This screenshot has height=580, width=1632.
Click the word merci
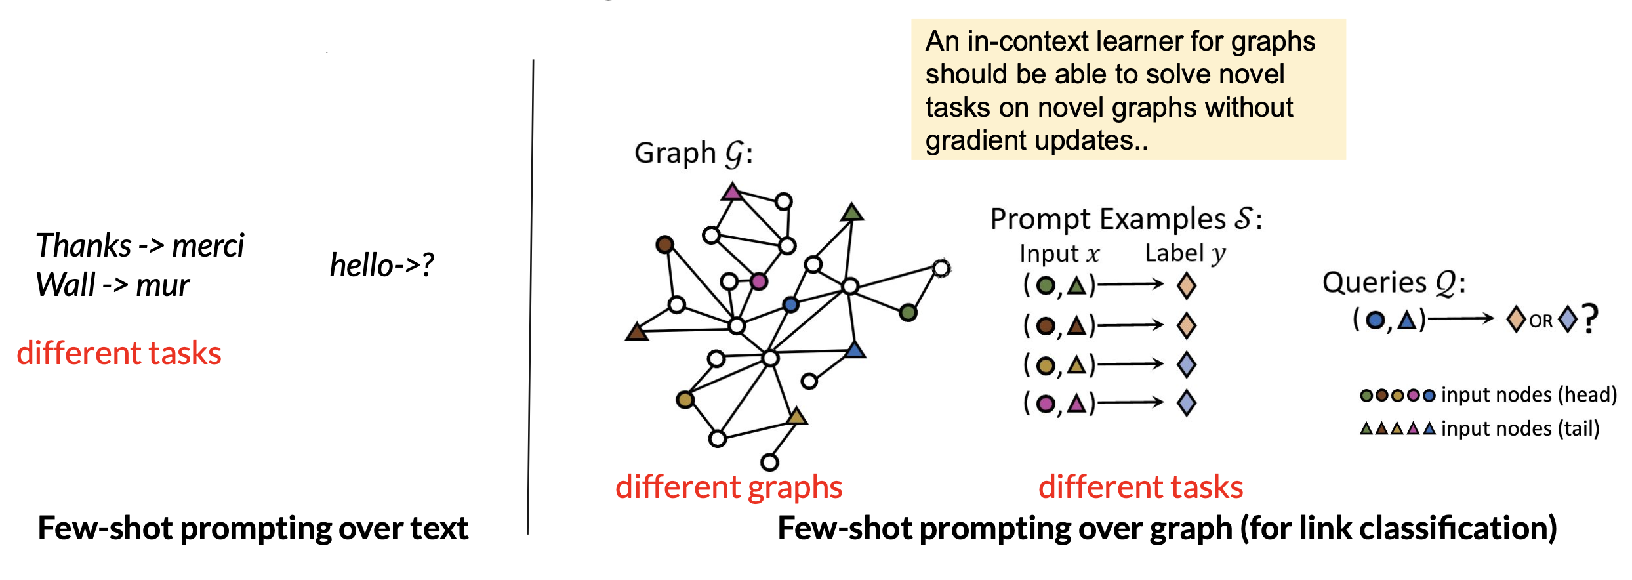pyautogui.click(x=207, y=247)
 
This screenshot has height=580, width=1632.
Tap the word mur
pyautogui.click(x=163, y=286)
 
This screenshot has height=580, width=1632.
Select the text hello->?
pyautogui.click(x=382, y=265)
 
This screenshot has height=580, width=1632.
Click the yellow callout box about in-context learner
pyautogui.click(x=1128, y=90)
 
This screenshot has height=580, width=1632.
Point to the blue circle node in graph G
pyautogui.click(x=790, y=304)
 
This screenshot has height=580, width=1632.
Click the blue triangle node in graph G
pyautogui.click(x=855, y=350)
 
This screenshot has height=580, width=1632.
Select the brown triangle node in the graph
pyautogui.click(x=636, y=332)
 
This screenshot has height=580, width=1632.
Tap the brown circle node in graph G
pyautogui.click(x=664, y=245)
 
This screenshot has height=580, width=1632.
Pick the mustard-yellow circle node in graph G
pyautogui.click(x=685, y=400)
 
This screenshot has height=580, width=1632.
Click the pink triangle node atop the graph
pyautogui.click(x=731, y=192)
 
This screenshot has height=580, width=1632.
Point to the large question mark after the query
pyautogui.click(x=1590, y=320)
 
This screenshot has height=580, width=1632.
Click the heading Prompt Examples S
pyautogui.click(x=1125, y=219)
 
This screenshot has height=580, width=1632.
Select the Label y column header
pyautogui.click(x=1185, y=253)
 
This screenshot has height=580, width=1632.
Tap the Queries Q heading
pyautogui.click(x=1393, y=283)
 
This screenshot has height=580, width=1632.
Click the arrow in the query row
pyautogui.click(x=1460, y=320)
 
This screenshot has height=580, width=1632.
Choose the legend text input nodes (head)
pyautogui.click(x=1528, y=395)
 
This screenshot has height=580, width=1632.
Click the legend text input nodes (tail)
pyautogui.click(x=1520, y=429)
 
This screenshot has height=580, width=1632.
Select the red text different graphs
pyautogui.click(x=729, y=487)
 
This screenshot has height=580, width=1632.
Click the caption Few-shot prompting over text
pyautogui.click(x=253, y=528)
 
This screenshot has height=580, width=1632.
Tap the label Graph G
pyautogui.click(x=693, y=154)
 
